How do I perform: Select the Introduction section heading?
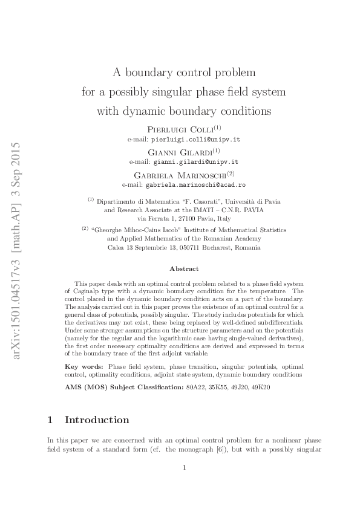click(x=97, y=420)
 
